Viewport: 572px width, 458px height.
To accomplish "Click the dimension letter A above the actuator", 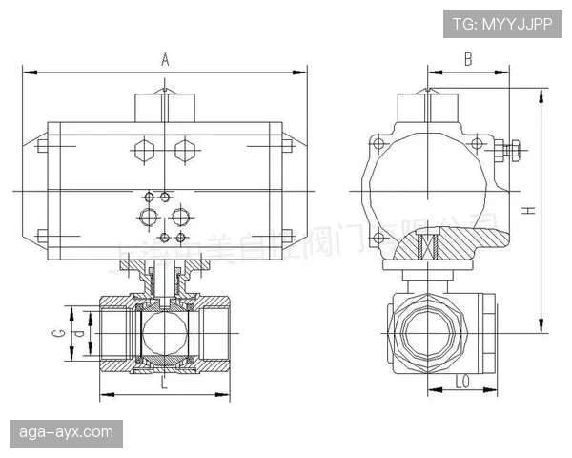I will [x=165, y=59].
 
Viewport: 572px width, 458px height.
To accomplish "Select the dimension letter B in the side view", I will [x=467, y=59].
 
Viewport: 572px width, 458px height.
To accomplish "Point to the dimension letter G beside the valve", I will [x=58, y=333].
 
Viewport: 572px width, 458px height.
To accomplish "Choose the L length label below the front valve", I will [x=164, y=384].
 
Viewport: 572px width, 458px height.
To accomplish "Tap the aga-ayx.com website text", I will [x=67, y=432].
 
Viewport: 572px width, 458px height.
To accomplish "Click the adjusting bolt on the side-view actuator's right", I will [x=508, y=150].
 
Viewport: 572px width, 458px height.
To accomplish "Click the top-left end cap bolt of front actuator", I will [x=42, y=146].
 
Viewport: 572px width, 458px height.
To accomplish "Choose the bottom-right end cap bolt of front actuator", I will [x=286, y=236].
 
